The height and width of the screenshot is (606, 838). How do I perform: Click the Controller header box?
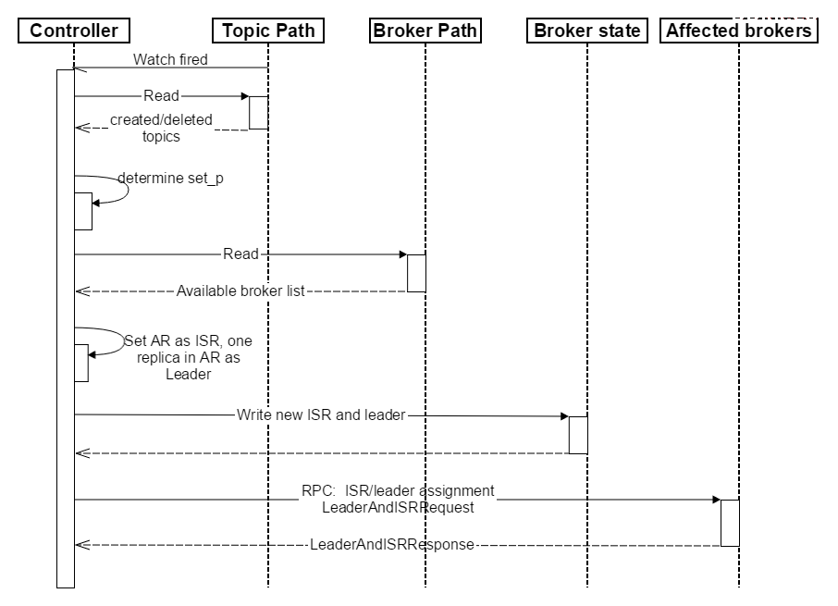tap(74, 31)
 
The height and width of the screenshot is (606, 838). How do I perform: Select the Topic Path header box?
tap(268, 31)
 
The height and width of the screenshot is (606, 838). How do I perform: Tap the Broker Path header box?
tap(425, 31)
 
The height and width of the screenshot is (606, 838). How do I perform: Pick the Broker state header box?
tap(587, 31)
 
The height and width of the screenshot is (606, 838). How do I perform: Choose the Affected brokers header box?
tap(739, 31)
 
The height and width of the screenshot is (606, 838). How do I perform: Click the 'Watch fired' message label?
tap(170, 59)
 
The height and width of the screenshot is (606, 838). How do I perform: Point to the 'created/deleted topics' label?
tap(161, 128)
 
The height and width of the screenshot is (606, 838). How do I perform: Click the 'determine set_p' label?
tap(170, 178)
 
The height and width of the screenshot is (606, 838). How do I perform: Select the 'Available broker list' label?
tap(240, 291)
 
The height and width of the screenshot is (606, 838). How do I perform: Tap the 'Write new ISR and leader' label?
tap(321, 414)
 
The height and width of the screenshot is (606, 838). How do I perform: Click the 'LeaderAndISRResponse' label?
tap(392, 545)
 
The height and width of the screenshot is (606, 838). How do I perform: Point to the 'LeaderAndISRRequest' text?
tap(398, 507)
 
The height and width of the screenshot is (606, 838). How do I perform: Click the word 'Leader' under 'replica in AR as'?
tap(188, 374)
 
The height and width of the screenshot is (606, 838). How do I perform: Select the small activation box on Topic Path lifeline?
tap(259, 113)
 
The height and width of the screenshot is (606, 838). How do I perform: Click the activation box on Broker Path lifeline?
tap(416, 273)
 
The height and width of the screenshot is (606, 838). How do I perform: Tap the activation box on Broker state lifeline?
tap(578, 435)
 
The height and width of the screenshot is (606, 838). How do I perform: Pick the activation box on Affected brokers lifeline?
tap(730, 523)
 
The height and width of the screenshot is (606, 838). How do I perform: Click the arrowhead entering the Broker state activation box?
tap(565, 416)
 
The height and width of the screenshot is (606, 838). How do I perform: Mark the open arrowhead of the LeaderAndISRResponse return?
tap(81, 545)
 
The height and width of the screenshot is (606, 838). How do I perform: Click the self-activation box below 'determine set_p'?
tap(83, 211)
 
